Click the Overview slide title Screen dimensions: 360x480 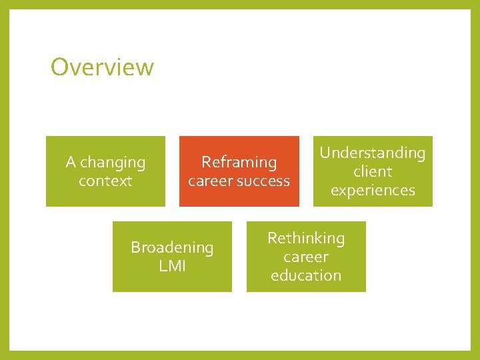(102, 67)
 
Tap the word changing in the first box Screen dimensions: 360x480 (113, 163)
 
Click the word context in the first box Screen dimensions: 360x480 (105, 181)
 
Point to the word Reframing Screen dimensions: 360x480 (239, 162)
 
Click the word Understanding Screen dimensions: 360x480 (372, 153)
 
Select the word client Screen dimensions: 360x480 (373, 171)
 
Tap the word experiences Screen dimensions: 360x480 (373, 190)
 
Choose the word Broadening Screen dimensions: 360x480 (172, 247)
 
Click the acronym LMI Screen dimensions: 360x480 (172, 266)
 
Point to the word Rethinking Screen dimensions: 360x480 (306, 238)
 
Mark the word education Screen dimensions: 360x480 (306, 275)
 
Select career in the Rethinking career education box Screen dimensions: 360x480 (306, 257)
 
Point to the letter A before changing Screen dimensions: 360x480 (71, 162)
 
